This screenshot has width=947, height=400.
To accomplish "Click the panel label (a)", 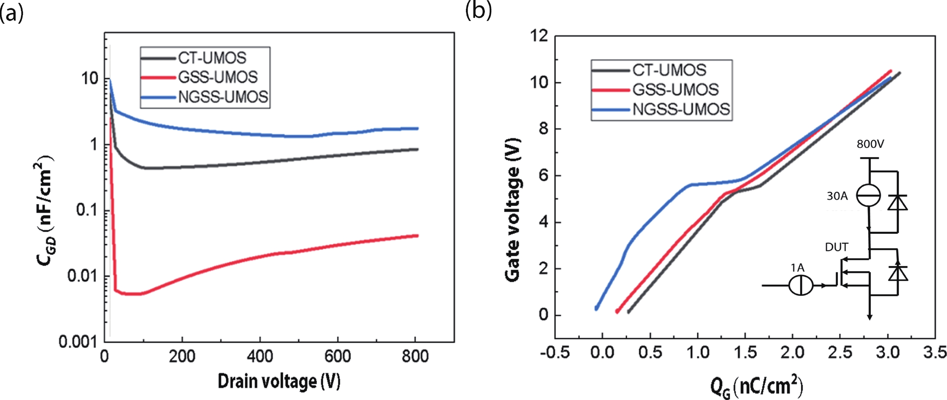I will (x=11, y=14).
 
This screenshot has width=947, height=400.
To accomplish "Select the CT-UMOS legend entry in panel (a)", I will (x=212, y=58).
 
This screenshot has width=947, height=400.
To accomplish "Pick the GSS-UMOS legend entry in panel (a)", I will (x=218, y=77).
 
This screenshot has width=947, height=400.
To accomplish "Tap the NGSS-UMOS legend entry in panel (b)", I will (x=681, y=110).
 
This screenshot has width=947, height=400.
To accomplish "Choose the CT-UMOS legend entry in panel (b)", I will (x=669, y=70).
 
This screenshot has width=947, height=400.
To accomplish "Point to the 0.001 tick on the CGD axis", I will (x=78, y=342).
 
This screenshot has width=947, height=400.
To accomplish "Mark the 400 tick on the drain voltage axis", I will (x=260, y=356).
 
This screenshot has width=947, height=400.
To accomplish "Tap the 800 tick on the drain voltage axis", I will (x=415, y=356).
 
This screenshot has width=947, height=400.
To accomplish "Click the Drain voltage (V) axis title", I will (x=279, y=381).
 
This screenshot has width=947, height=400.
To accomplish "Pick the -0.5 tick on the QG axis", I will (x=555, y=353).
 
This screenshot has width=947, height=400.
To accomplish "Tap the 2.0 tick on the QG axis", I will (x=793, y=353).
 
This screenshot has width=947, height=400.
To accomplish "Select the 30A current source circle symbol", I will (x=868, y=195).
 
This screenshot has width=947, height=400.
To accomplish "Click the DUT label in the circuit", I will (x=836, y=247).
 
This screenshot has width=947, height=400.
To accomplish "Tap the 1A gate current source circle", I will (x=801, y=285).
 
